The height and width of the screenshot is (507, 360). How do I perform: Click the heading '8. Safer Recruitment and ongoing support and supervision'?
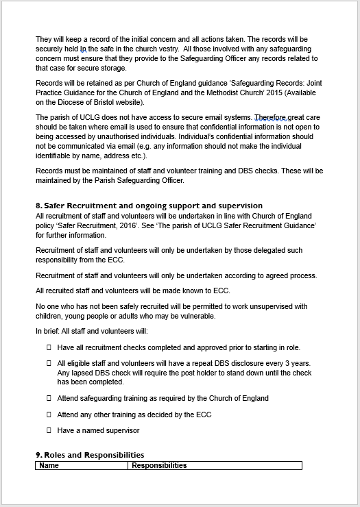pos(149,206)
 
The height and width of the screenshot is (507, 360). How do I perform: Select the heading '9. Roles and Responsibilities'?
pos(89,455)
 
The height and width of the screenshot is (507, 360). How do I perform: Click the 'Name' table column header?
pos(49,465)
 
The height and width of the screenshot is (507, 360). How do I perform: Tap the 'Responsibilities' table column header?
pos(159,465)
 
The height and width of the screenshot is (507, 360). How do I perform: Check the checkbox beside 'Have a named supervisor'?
pos(49,430)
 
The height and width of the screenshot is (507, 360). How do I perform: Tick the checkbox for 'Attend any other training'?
pos(49,415)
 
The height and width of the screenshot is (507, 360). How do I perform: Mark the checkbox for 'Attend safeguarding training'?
pos(49,398)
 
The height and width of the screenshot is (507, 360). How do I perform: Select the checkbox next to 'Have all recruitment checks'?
pos(49,348)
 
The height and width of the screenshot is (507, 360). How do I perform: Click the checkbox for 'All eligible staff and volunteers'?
pos(49,364)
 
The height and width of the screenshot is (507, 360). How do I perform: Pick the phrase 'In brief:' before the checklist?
pos(49,332)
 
